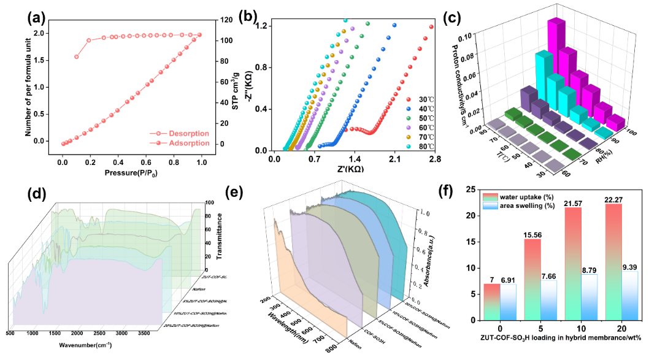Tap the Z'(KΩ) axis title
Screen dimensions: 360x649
pyautogui.click(x=353, y=170)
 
